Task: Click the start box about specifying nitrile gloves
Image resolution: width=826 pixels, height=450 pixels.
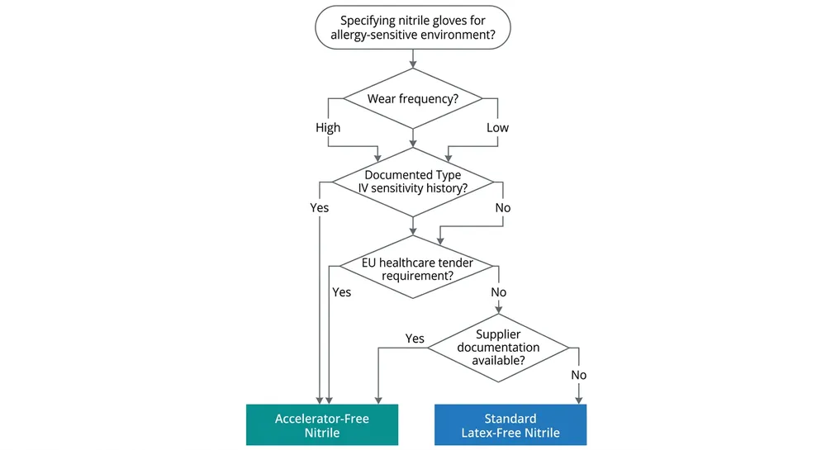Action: point(412,28)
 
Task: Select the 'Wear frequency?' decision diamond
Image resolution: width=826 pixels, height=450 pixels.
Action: point(412,99)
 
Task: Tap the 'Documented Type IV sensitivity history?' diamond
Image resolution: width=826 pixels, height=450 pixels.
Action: point(412,182)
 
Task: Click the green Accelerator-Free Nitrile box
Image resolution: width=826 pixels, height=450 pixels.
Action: point(322,425)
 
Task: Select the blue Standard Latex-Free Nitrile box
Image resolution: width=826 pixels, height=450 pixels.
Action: point(510,425)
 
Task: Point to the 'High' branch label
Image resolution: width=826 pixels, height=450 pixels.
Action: point(328,128)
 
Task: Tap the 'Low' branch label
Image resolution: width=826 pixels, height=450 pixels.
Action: point(497,128)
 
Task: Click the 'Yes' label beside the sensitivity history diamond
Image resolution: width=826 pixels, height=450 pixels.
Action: point(319,208)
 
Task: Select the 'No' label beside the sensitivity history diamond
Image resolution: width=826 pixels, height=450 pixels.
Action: point(503,208)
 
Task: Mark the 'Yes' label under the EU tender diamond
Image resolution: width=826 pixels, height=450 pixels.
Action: point(341,292)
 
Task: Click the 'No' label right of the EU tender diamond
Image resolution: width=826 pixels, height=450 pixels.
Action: point(499,292)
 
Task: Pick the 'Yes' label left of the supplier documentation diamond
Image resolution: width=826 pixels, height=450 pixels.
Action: point(415,339)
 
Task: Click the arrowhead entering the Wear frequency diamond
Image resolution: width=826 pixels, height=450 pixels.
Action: point(412,65)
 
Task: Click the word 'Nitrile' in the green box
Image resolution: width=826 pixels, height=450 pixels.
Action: point(322,433)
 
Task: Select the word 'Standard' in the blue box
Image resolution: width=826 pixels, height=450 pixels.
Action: point(510,419)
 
